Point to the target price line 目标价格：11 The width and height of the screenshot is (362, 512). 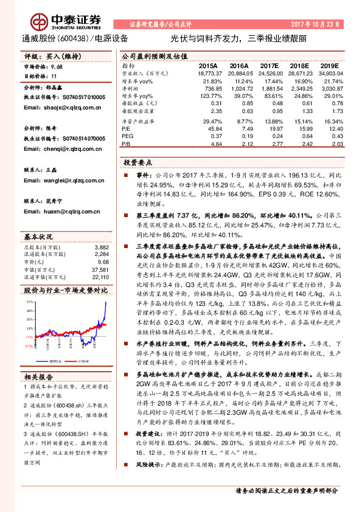pos(40,76)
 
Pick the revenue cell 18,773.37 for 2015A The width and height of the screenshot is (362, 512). pos(208,72)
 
